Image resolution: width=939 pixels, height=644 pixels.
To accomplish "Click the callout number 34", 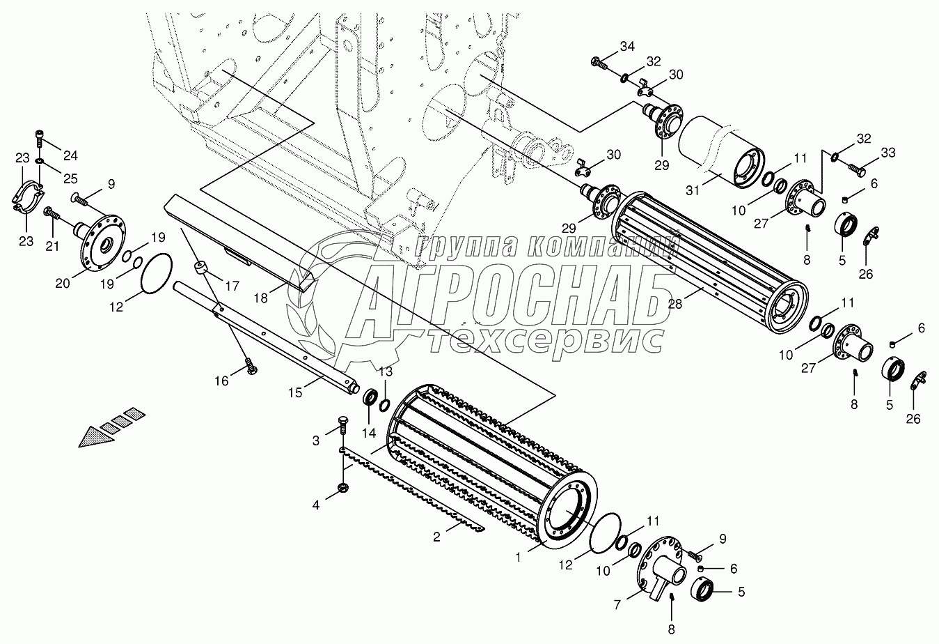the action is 627,47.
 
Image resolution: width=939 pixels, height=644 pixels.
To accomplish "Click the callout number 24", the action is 71,154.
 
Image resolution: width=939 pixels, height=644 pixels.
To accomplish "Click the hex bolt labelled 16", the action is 251,369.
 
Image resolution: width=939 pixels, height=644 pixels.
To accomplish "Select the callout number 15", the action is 296,393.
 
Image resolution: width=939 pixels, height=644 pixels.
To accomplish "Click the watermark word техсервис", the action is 543,341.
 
